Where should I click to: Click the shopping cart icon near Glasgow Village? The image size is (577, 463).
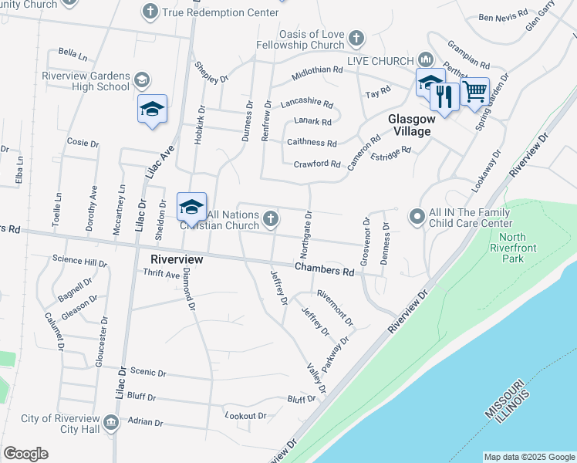(x=474, y=91)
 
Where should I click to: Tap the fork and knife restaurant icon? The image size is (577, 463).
(x=443, y=96)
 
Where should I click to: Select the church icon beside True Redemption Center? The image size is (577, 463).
(x=150, y=11)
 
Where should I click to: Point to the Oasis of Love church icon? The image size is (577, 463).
(x=356, y=37)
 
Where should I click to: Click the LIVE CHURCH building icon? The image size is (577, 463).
(x=425, y=60)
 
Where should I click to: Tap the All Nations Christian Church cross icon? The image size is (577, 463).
(x=270, y=219)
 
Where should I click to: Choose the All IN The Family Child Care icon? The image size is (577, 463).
(x=417, y=217)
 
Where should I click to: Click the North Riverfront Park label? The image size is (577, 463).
(x=512, y=247)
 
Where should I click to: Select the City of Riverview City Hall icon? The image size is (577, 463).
(x=110, y=421)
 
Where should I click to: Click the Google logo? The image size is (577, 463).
(x=25, y=454)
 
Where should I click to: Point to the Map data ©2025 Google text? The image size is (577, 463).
(x=528, y=457)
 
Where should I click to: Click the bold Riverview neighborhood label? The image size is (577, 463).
(x=177, y=259)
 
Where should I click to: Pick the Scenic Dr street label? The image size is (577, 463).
(x=148, y=372)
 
